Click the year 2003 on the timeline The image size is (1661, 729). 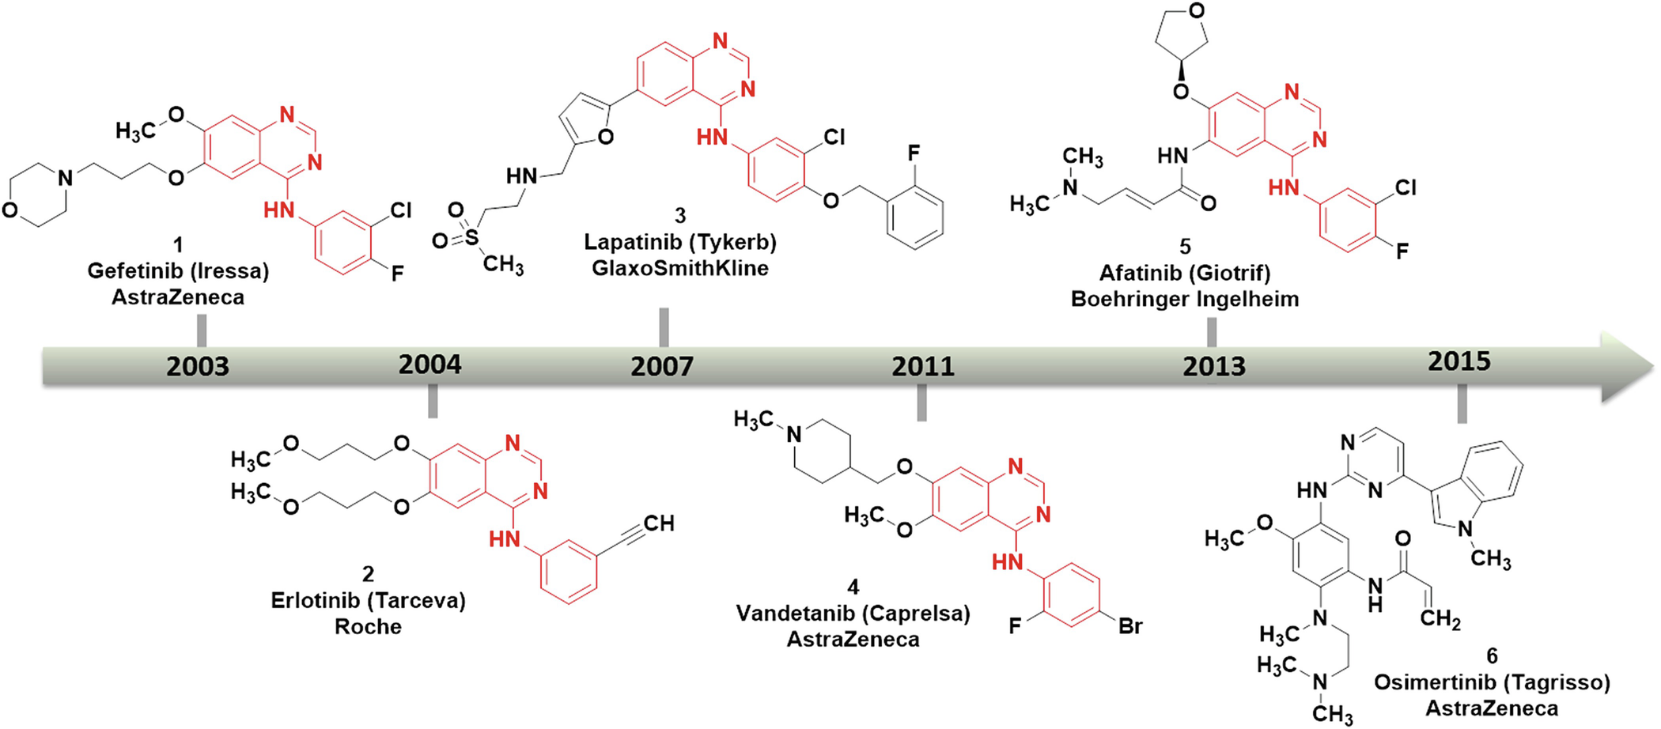click(x=198, y=367)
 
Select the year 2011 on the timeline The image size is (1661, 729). click(x=923, y=367)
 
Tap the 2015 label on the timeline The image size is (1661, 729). click(x=1459, y=361)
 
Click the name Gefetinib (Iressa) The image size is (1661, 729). click(x=178, y=271)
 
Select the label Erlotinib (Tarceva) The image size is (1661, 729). click(x=368, y=600)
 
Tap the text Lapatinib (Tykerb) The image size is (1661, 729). click(x=680, y=242)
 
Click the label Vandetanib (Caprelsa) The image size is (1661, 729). click(x=853, y=614)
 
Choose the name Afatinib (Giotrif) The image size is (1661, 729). click(x=1185, y=273)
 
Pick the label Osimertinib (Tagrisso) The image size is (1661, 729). click(x=1492, y=682)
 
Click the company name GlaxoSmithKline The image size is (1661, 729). click(x=680, y=268)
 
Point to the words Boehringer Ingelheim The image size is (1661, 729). click(x=1185, y=299)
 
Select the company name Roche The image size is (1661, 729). click(x=368, y=626)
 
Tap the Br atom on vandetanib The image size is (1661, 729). click(x=1130, y=626)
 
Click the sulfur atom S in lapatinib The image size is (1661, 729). click(x=471, y=236)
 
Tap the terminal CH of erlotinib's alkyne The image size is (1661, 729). click(x=659, y=523)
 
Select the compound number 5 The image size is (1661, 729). click(x=1185, y=247)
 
